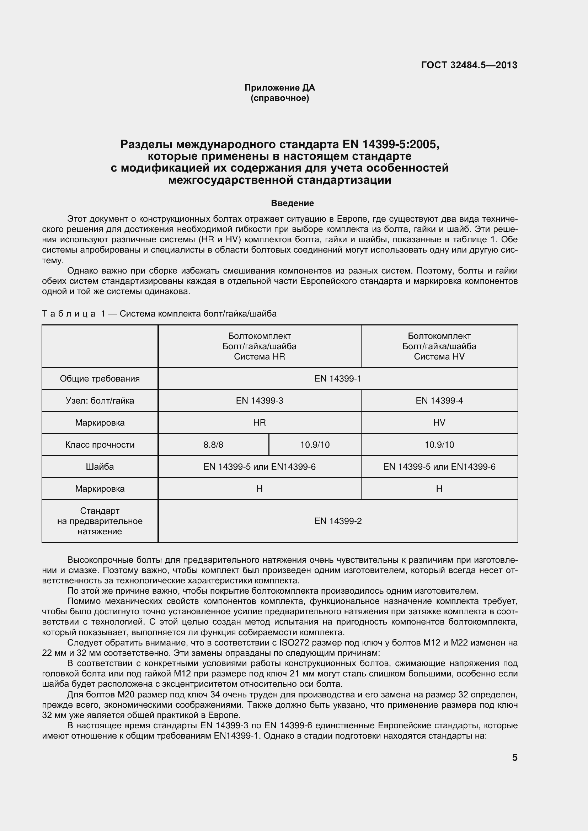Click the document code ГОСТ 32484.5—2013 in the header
click(469, 65)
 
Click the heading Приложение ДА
click(279, 88)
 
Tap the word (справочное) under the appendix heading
click(279, 98)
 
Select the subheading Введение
click(292, 204)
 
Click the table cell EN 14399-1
click(337, 379)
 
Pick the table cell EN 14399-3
click(259, 401)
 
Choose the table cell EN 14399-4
click(439, 401)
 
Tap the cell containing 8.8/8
click(213, 445)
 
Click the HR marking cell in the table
click(259, 423)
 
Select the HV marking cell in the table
click(439, 423)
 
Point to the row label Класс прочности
click(100, 445)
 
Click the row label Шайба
click(100, 467)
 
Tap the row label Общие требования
click(100, 379)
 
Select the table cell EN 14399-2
click(337, 521)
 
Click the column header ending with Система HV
click(439, 346)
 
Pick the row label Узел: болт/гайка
click(100, 401)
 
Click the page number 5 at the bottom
click(514, 758)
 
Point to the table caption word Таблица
click(69, 314)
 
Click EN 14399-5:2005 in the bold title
click(390, 144)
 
